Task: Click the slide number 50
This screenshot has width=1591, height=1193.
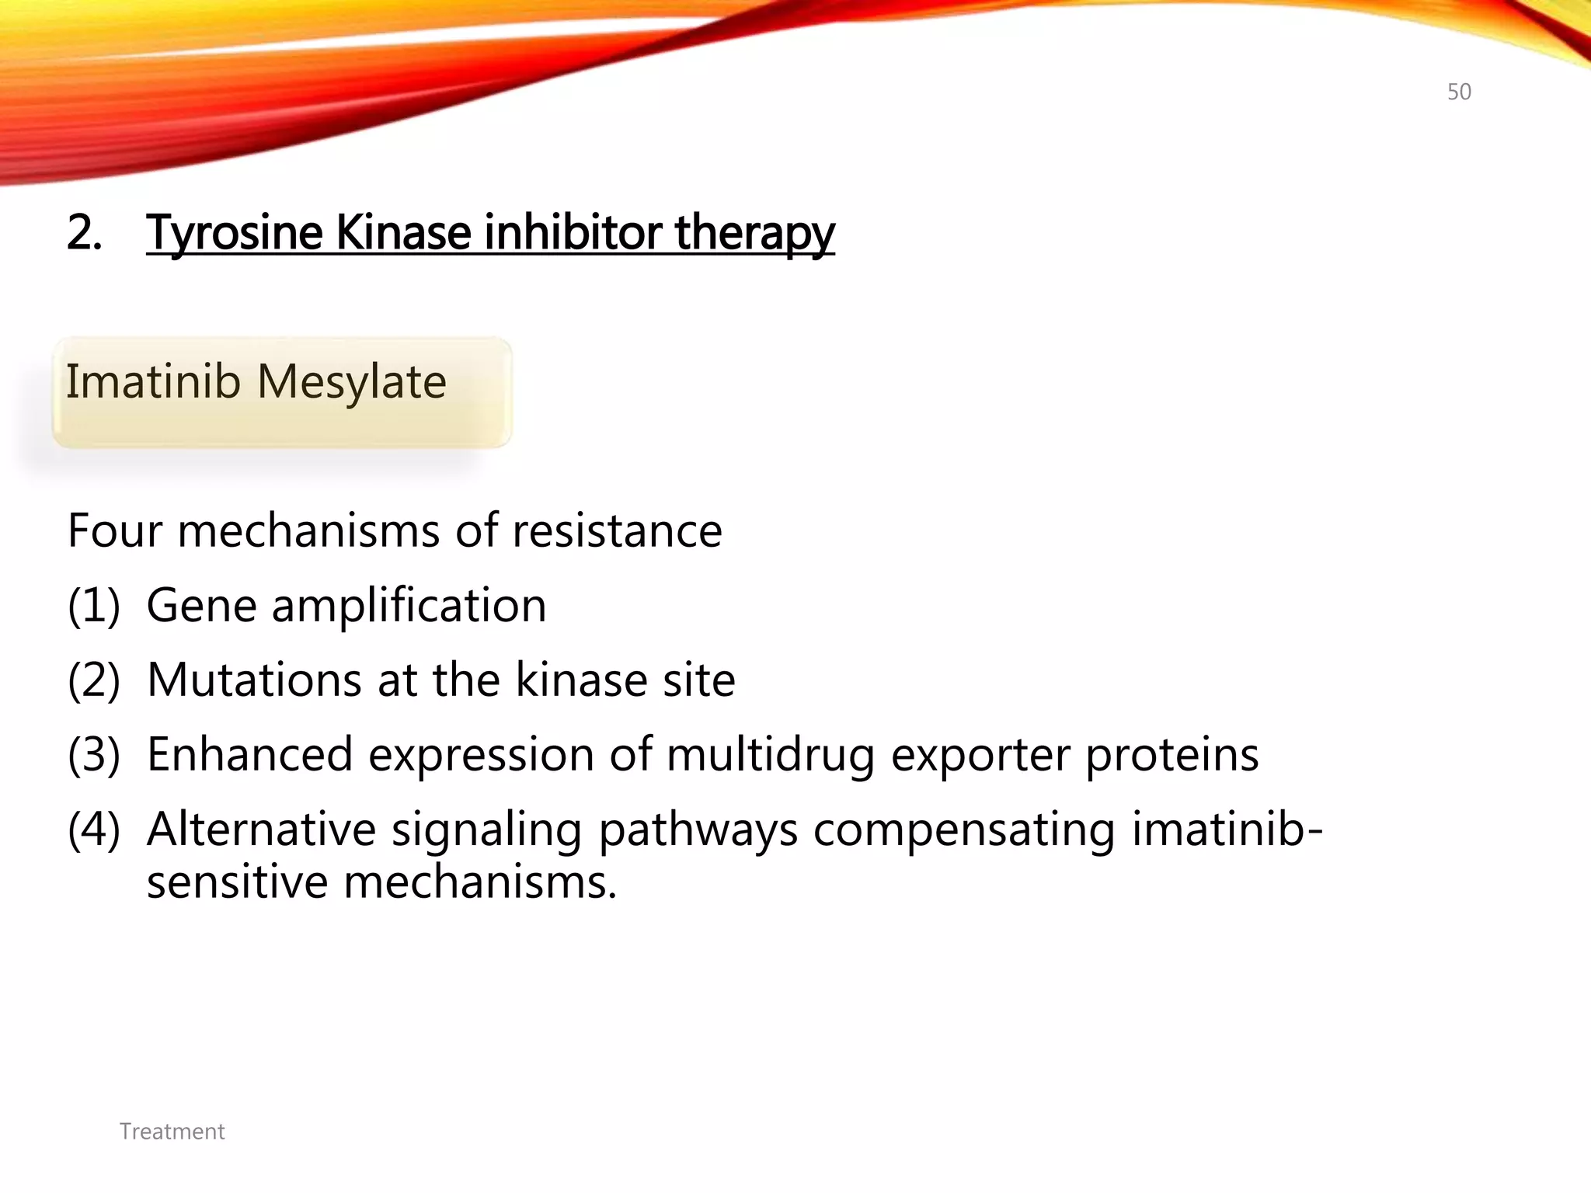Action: (1459, 92)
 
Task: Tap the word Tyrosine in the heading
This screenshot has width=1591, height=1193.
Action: (234, 232)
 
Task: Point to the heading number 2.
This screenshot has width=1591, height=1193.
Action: (84, 232)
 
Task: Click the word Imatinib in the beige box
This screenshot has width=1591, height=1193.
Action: (153, 381)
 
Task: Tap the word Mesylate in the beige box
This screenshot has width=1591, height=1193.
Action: (351, 381)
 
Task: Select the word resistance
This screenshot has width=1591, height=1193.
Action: (617, 530)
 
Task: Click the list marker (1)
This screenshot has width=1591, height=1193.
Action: (94, 605)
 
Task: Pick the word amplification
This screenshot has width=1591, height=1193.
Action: (409, 605)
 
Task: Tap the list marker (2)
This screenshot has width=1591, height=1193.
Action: (94, 680)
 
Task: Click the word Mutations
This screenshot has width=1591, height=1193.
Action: (254, 680)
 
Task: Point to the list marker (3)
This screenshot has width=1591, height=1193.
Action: (94, 754)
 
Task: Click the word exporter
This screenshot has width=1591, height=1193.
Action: (980, 754)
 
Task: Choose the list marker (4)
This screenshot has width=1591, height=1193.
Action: (94, 829)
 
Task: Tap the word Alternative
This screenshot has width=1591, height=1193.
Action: (261, 829)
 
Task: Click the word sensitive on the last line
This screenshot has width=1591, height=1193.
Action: (237, 882)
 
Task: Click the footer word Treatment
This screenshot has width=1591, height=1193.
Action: (172, 1132)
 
